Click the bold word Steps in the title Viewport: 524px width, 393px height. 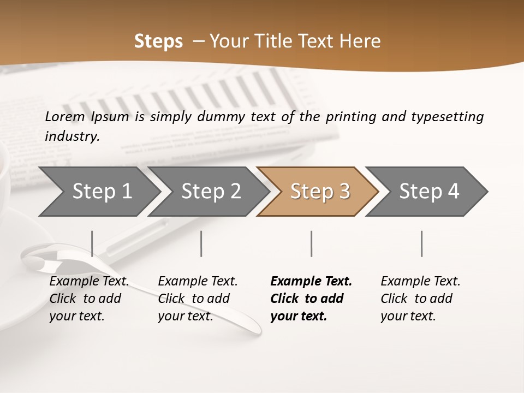158,41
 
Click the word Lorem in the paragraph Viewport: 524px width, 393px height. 65,116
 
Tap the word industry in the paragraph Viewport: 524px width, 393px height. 72,136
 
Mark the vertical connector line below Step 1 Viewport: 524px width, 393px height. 92,243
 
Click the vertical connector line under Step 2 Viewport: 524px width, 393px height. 201,243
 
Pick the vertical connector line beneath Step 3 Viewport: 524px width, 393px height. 312,243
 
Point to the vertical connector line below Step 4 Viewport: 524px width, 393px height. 422,243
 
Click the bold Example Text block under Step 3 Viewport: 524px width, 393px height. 311,299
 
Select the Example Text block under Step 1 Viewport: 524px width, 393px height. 89,299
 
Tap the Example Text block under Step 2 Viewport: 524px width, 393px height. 198,299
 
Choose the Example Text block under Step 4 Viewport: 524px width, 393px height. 420,299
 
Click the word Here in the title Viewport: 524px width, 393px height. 362,41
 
